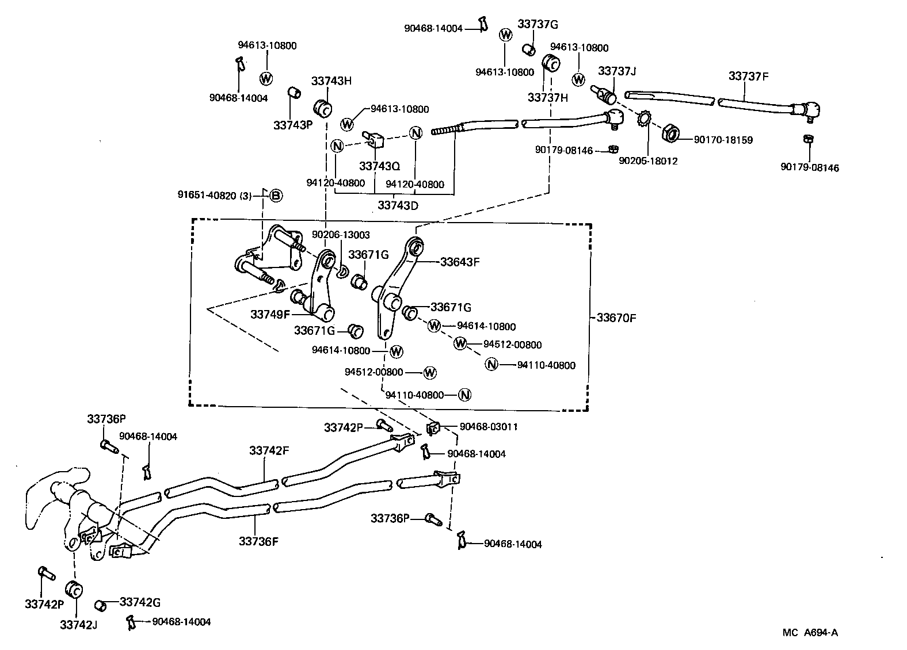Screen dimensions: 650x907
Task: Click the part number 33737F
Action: point(748,76)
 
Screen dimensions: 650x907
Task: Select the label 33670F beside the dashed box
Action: point(616,318)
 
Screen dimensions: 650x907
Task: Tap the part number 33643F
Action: point(459,262)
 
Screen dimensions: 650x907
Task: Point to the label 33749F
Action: point(270,314)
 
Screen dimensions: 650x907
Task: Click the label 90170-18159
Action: point(723,140)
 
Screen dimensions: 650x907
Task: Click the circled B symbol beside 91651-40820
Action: point(276,196)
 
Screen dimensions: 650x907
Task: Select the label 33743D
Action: point(398,204)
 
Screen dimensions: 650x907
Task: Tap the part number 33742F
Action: point(269,450)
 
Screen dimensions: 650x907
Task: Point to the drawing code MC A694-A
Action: point(810,633)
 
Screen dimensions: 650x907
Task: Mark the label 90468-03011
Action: point(489,427)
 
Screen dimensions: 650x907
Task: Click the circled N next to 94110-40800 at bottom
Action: point(465,395)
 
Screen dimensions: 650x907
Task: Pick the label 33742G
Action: point(140,602)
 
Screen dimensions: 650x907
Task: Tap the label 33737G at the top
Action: point(538,24)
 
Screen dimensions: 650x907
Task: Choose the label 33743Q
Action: point(379,166)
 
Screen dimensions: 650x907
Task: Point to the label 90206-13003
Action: point(341,235)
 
